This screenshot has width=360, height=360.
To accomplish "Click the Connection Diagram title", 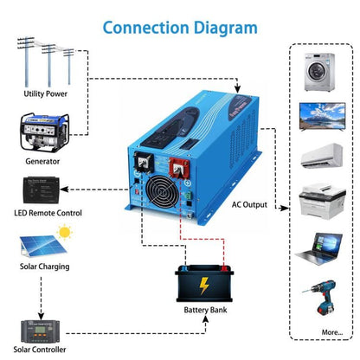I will [180, 26].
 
